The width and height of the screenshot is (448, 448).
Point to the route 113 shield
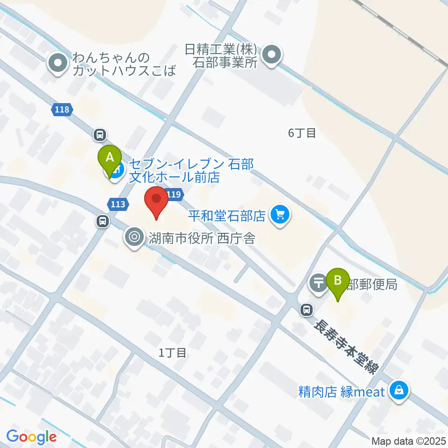118,203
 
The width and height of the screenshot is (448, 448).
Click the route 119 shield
174,195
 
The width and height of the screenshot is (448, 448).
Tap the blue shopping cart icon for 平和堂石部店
280,215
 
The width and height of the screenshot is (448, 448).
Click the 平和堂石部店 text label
227,216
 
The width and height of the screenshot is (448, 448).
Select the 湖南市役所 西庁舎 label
202,238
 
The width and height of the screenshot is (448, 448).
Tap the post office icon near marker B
319,283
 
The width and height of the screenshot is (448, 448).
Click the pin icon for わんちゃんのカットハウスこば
58,63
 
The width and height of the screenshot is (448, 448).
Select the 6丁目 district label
302,133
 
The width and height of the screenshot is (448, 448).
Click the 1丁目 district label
173,353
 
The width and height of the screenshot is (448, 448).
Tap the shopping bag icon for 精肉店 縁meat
399,390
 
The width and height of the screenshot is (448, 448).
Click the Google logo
31,437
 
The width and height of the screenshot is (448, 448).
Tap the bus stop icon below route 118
100,135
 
